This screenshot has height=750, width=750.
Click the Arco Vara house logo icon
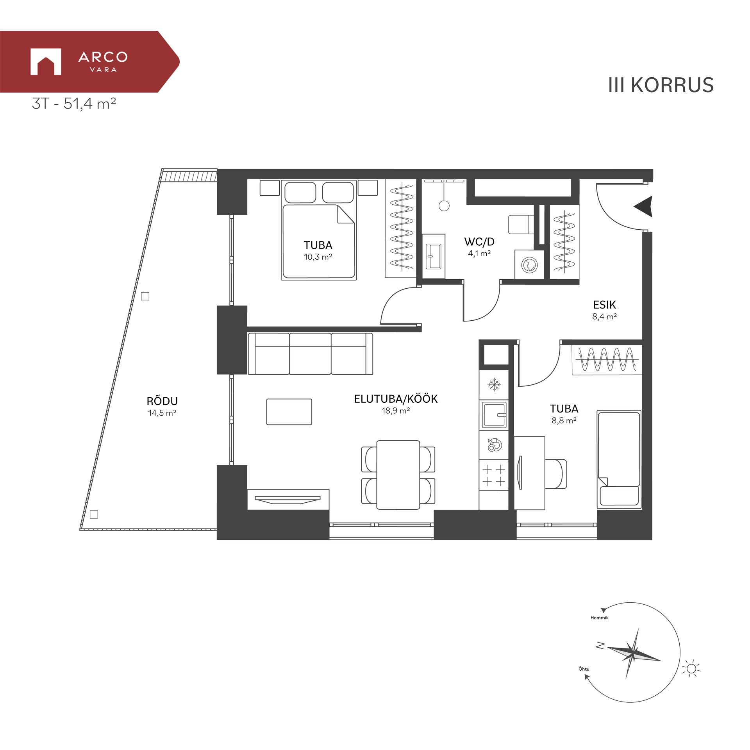tap(46, 61)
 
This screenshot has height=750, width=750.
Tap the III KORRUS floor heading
tap(661, 85)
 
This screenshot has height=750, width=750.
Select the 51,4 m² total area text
tap(90, 104)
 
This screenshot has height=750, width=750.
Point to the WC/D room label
tap(479, 242)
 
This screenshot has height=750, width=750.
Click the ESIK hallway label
tap(604, 305)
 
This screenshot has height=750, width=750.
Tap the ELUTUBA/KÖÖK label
tap(396, 399)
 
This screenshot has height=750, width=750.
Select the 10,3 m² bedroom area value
tap(318, 257)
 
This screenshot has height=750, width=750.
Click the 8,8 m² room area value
tap(564, 421)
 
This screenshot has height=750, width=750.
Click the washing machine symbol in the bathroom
tap(529, 265)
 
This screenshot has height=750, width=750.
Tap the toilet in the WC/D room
tap(521, 224)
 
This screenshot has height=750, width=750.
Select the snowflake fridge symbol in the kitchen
tap(494, 385)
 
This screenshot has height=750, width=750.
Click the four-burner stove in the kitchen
tap(494, 475)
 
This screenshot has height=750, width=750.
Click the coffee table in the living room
tap(289, 412)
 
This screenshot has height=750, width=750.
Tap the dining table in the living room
tap(398, 475)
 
